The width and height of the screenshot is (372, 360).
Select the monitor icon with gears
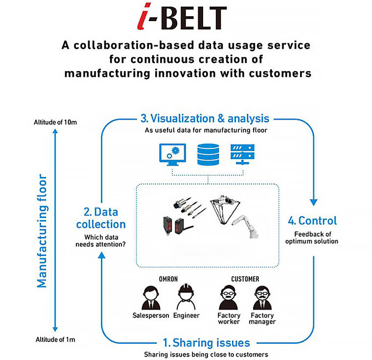[170, 155]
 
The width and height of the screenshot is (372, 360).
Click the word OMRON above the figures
[168, 279]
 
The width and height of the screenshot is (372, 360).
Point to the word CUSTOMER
[245, 279]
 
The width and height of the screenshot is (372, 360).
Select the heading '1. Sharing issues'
[207, 342]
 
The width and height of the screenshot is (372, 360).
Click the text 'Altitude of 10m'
[56, 121]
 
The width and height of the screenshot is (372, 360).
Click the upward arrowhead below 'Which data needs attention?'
[101, 255]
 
